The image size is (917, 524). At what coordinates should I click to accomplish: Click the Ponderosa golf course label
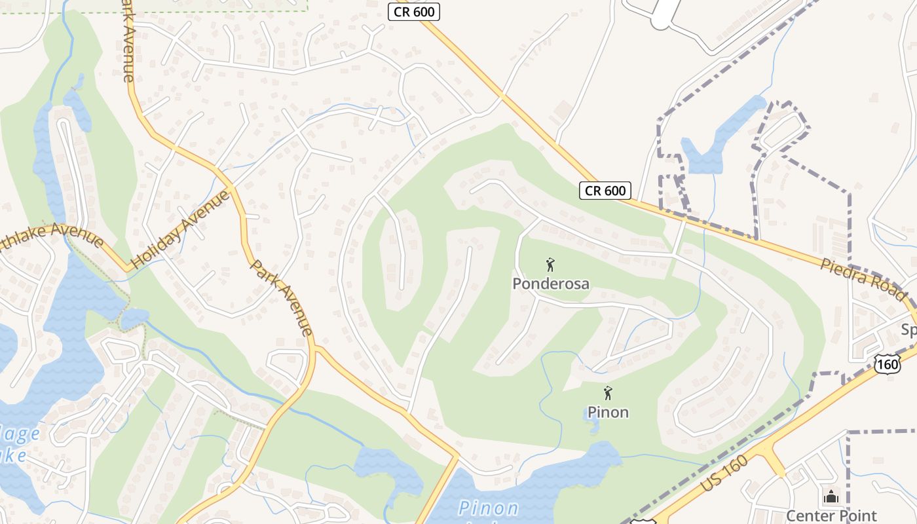550,284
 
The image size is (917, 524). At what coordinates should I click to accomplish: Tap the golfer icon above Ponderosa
550,265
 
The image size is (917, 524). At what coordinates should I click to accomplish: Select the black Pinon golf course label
608,412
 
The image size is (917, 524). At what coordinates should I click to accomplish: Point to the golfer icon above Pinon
608,394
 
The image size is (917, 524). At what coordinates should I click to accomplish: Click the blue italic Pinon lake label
489,508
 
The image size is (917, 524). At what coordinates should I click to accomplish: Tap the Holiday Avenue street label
181,229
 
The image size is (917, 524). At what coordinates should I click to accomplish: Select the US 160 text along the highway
723,474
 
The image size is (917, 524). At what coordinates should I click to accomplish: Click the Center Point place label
831,515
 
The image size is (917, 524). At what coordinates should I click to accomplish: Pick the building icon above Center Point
831,496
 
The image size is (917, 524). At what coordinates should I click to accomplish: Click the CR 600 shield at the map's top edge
413,12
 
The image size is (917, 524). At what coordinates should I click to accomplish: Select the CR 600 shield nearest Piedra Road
605,191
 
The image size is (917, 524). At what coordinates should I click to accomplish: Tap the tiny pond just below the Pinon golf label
592,427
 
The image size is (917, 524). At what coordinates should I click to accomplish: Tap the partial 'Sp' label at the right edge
908,329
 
